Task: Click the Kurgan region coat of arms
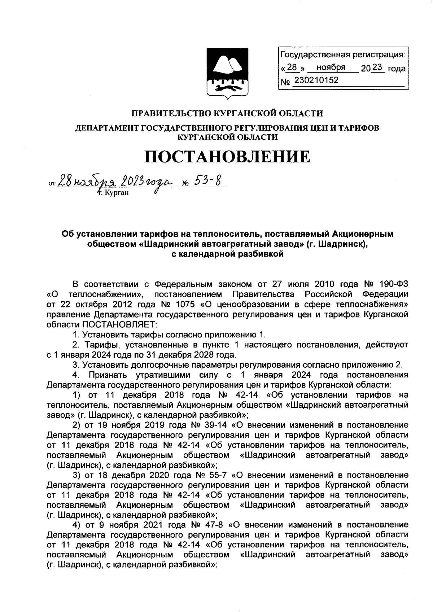point(227,73)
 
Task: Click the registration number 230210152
point(316,80)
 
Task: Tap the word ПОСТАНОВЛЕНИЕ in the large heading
point(227,157)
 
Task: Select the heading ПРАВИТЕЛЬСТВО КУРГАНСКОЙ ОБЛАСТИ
point(227,114)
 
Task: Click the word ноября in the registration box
point(331,67)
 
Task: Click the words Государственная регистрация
point(342,55)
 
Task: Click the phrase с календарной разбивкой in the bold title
point(227,254)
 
